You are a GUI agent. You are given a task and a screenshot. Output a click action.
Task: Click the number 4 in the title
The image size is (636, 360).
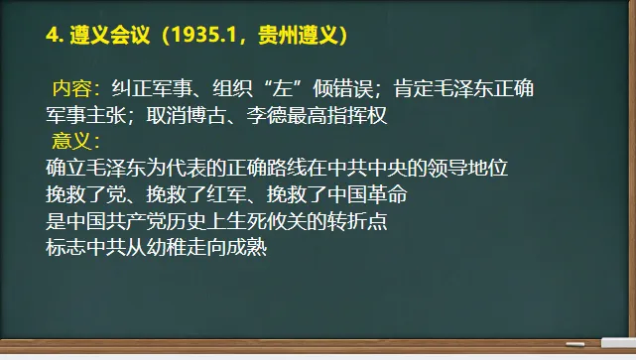tap(52, 36)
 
